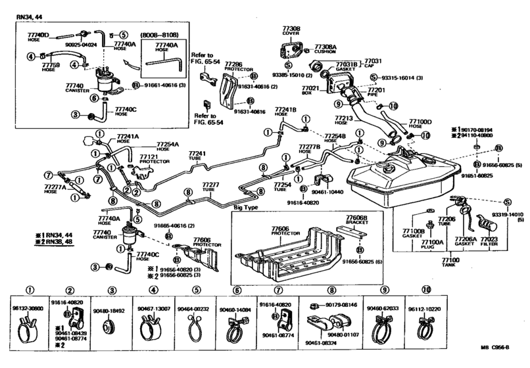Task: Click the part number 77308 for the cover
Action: pos(291,30)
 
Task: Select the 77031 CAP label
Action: pos(373,62)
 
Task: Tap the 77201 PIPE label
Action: pos(376,91)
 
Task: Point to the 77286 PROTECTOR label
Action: pos(235,66)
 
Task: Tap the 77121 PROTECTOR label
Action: pos(150,159)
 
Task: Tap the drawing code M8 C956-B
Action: pos(500,358)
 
